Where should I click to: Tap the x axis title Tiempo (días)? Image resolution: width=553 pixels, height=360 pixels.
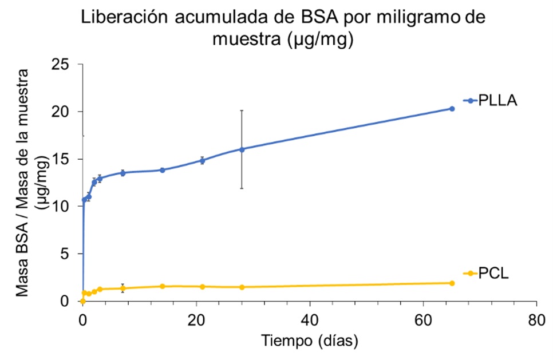point(310,341)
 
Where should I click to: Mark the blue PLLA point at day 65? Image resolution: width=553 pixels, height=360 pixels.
point(452,109)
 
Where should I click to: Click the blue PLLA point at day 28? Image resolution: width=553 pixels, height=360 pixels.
point(242,149)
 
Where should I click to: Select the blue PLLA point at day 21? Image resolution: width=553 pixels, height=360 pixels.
point(202,160)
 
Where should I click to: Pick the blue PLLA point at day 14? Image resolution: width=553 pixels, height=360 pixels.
point(163,170)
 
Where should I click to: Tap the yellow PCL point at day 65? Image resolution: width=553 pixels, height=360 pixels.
point(452,283)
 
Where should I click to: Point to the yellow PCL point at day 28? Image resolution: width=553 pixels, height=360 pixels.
point(242,287)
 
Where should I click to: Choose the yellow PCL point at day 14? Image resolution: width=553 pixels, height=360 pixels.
point(163,286)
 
